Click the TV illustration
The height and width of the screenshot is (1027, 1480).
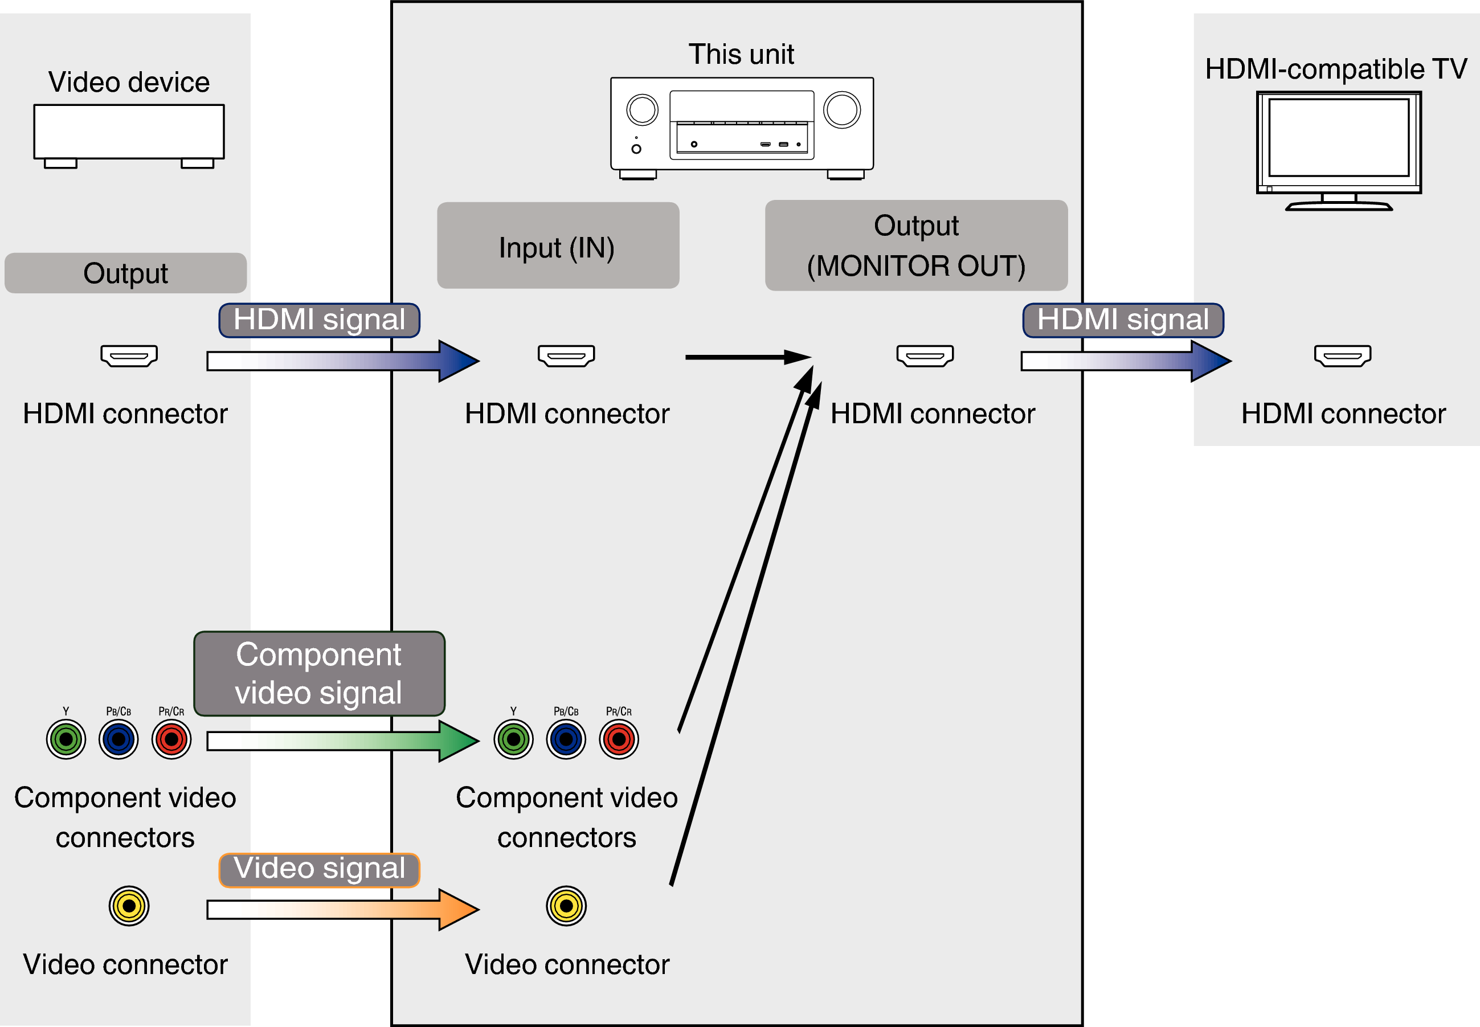pyautogui.click(x=1338, y=149)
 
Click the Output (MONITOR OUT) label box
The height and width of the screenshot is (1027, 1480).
pyautogui.click(x=915, y=245)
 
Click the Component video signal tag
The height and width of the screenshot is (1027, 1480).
pyautogui.click(x=319, y=674)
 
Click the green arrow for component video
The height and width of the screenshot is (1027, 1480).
pyautogui.click(x=341, y=740)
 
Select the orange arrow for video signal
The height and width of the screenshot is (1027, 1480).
pyautogui.click(x=341, y=909)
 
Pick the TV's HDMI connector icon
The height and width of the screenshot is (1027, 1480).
pyautogui.click(x=1342, y=355)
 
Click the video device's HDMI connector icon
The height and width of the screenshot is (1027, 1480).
pyautogui.click(x=129, y=355)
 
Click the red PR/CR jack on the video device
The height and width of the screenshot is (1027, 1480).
pyautogui.click(x=171, y=739)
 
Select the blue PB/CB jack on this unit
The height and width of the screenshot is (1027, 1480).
pyautogui.click(x=566, y=739)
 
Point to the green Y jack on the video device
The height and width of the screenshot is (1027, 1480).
pyautogui.click(x=66, y=739)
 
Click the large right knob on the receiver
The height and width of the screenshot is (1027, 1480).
pyautogui.click(x=841, y=110)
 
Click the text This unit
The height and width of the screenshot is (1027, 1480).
pyautogui.click(x=741, y=54)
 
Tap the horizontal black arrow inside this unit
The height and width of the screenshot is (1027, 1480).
pyautogui.click(x=746, y=357)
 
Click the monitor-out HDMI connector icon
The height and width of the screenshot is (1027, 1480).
pyautogui.click(x=925, y=355)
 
